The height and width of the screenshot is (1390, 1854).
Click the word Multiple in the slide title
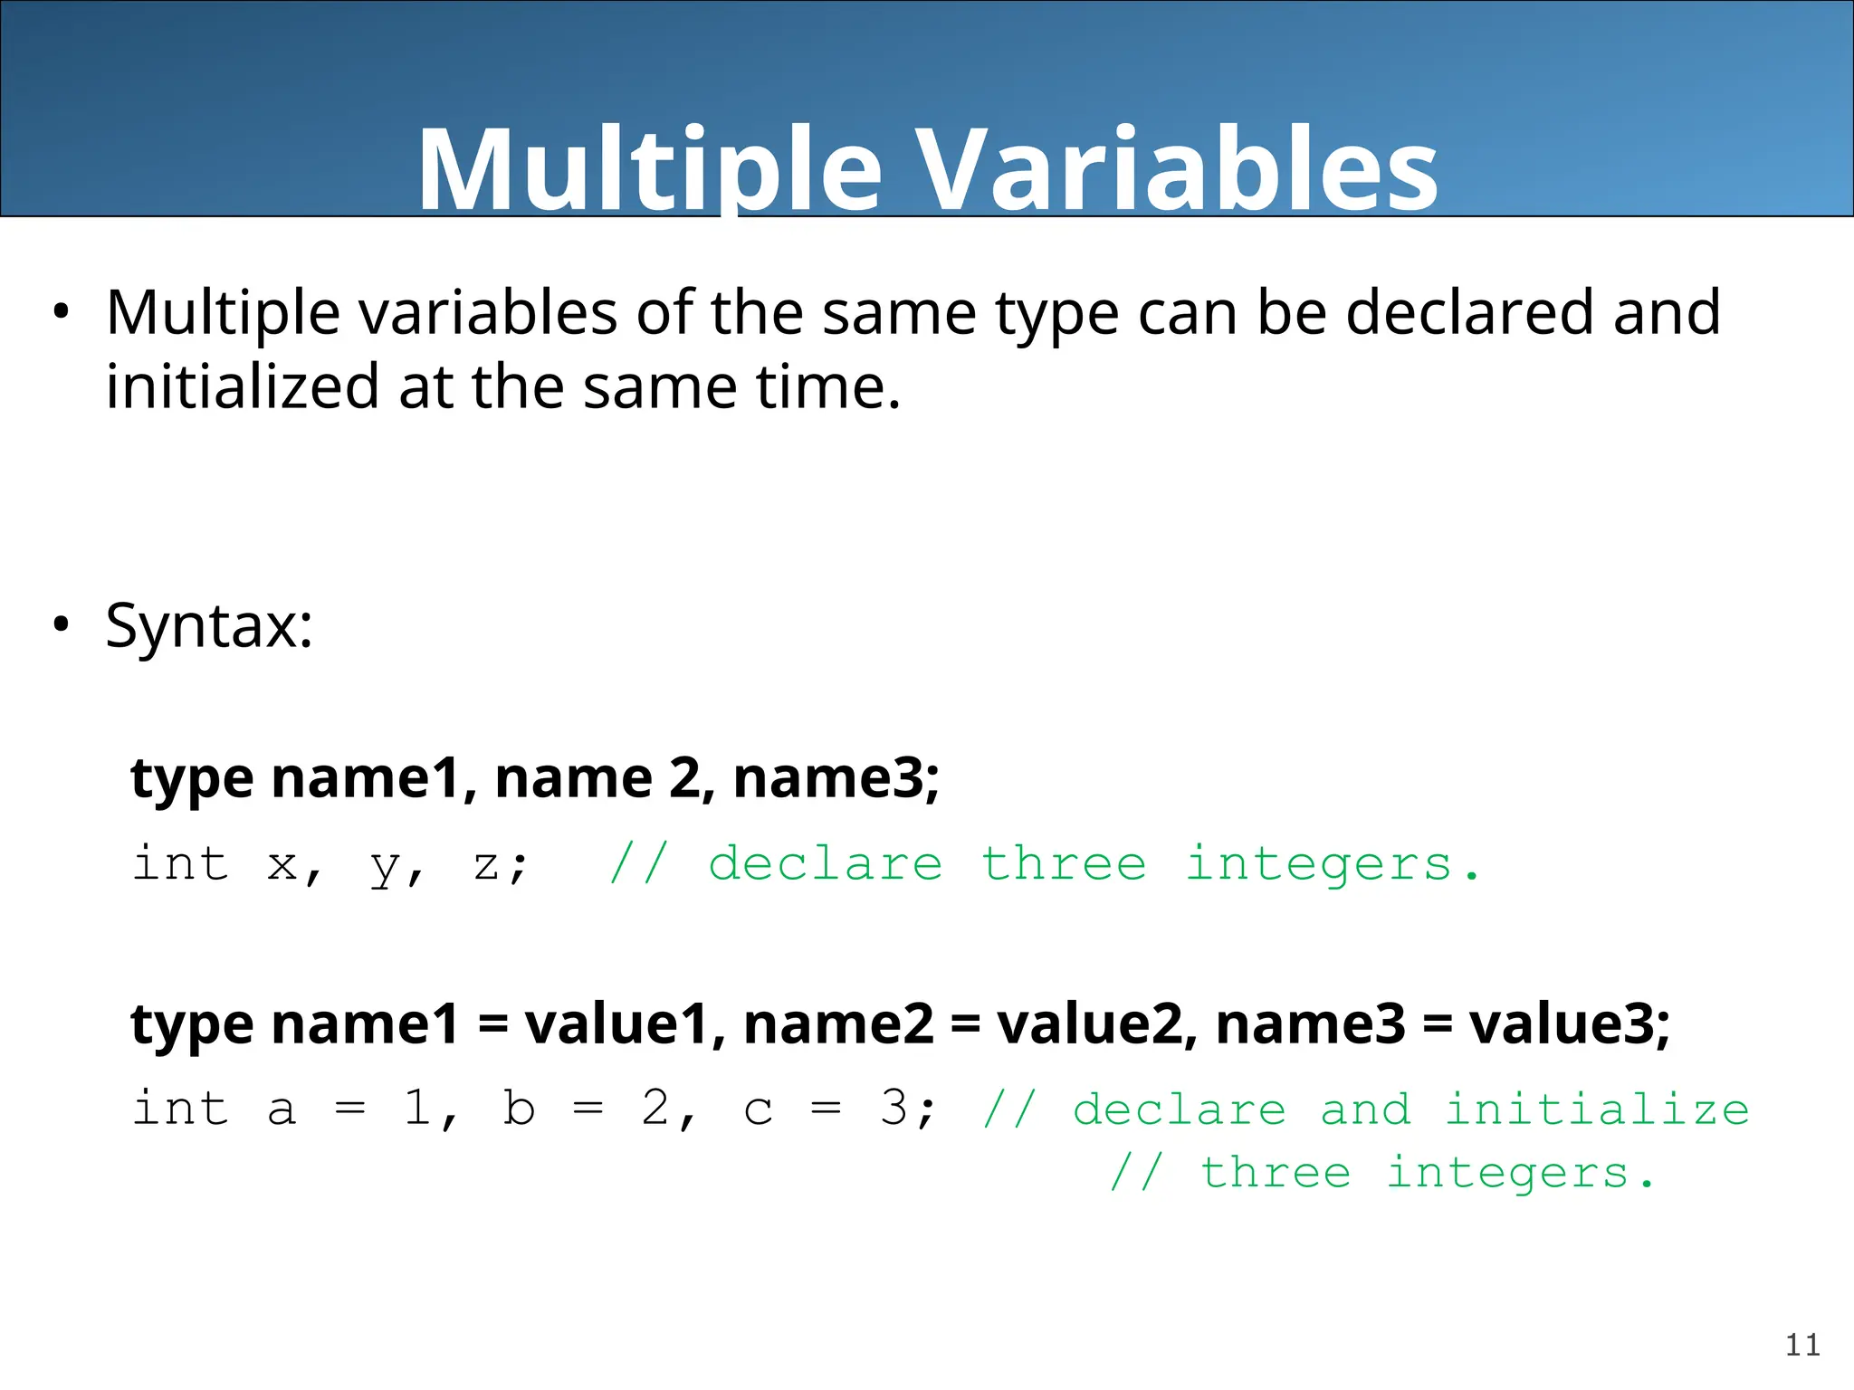pyautogui.click(x=648, y=170)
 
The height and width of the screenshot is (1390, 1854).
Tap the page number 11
pyautogui.click(x=1802, y=1345)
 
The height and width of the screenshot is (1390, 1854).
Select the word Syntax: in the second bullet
pyautogui.click(x=209, y=625)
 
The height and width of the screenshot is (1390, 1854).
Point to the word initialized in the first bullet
pyautogui.click(x=242, y=386)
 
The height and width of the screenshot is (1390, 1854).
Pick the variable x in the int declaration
pyautogui.click(x=282, y=865)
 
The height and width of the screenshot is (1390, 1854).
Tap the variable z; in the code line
pyautogui.click(x=499, y=865)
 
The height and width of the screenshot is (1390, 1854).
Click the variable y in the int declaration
pyautogui.click(x=386, y=867)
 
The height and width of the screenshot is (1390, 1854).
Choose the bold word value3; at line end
pyautogui.click(x=1570, y=1023)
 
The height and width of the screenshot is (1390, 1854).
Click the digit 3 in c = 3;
pyautogui.click(x=894, y=1108)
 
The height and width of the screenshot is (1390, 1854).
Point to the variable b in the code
pyautogui.click(x=520, y=1108)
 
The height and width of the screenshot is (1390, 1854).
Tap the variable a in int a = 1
pyautogui.click(x=282, y=1110)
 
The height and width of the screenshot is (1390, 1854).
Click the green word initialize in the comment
pyautogui.click(x=1597, y=1109)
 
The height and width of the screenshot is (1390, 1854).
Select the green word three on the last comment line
pyautogui.click(x=1276, y=1173)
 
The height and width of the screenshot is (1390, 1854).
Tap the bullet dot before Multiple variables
pyautogui.click(x=61, y=312)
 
